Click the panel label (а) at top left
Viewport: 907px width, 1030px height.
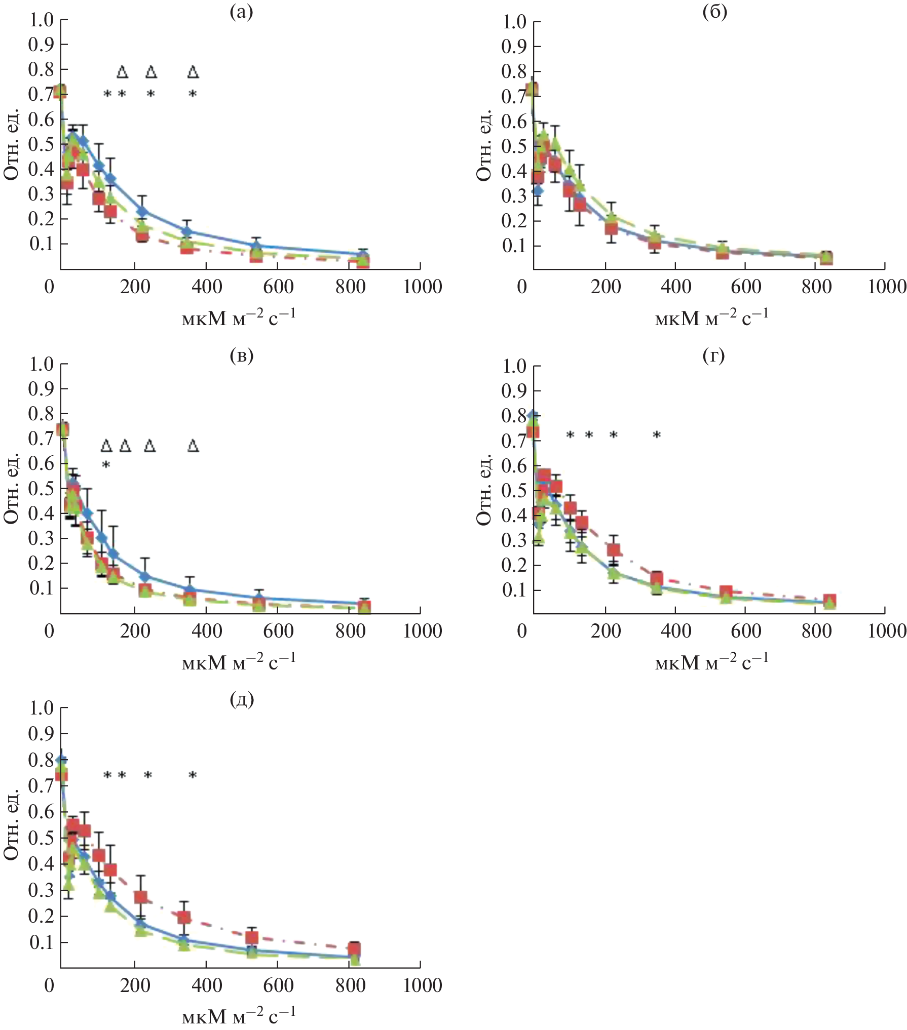(x=241, y=12)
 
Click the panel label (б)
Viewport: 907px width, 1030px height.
(x=714, y=12)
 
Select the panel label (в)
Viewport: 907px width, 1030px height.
(x=241, y=356)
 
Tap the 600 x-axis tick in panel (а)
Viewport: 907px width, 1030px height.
(x=278, y=287)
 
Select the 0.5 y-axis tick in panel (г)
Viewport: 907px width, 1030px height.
(x=514, y=490)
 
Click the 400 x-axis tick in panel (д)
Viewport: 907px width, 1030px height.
(x=207, y=985)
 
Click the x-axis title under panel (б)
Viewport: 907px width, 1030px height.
(x=711, y=318)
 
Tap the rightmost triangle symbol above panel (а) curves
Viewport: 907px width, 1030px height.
(x=193, y=72)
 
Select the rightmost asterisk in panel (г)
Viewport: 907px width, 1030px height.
(x=657, y=435)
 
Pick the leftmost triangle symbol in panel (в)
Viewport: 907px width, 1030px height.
(x=106, y=446)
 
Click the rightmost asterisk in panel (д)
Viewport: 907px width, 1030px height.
(x=193, y=775)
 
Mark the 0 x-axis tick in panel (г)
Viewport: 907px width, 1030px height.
(x=522, y=631)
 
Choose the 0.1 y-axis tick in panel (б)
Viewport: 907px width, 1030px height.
(x=514, y=246)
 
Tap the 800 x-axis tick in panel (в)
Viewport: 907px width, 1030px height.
(x=350, y=631)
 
